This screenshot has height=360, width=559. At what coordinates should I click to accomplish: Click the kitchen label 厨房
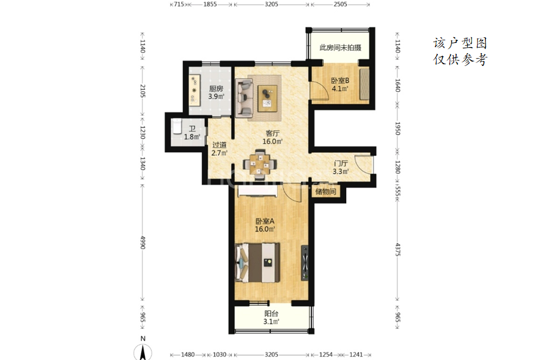click(216, 89)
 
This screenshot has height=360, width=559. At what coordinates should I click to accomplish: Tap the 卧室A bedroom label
click(265, 221)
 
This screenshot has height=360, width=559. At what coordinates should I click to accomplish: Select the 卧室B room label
click(340, 81)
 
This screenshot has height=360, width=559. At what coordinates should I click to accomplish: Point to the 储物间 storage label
click(325, 192)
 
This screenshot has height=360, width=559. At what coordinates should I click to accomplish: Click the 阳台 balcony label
click(272, 314)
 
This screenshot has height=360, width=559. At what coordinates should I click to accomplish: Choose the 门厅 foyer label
click(341, 164)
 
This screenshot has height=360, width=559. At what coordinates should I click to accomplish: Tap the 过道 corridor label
click(219, 145)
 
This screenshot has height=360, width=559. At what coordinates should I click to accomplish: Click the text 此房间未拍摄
click(341, 48)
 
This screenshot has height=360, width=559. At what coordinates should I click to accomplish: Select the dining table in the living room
click(260, 164)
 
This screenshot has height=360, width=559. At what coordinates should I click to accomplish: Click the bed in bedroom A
click(257, 263)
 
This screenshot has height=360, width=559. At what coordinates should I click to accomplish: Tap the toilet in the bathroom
click(177, 127)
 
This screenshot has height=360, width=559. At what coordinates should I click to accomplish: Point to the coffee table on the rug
click(267, 98)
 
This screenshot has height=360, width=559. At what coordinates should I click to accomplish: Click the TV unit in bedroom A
click(305, 263)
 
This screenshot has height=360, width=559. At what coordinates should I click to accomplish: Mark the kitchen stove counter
click(194, 90)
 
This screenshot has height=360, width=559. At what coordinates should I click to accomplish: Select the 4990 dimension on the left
click(143, 243)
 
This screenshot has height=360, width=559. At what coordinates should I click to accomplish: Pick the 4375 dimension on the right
click(398, 249)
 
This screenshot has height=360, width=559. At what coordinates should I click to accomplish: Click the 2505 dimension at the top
click(340, 4)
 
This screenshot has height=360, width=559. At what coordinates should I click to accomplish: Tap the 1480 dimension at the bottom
click(188, 354)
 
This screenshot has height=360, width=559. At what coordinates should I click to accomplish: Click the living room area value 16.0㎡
click(272, 142)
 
